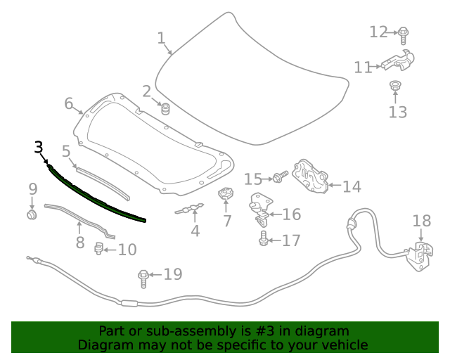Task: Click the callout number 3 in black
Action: [x=39, y=147]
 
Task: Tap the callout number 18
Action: [x=421, y=221]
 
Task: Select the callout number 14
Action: [x=352, y=186]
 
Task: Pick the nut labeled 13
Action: [x=395, y=87]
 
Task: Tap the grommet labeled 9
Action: [x=32, y=212]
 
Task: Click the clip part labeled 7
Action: [x=225, y=195]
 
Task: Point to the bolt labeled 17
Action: [x=263, y=240]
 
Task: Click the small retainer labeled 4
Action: [x=190, y=209]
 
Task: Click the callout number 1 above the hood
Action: [x=160, y=37]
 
